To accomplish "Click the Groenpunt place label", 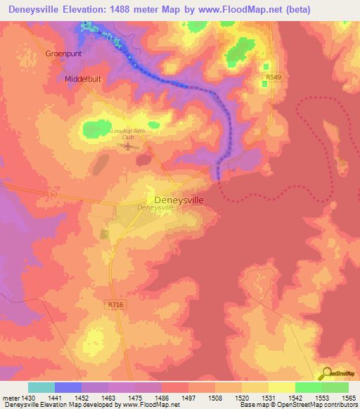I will pyautogui.click(x=63, y=53).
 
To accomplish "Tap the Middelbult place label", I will pyautogui.click(x=84, y=79).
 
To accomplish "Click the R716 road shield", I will pyautogui.click(x=116, y=305).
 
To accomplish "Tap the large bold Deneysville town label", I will pyautogui.click(x=179, y=200).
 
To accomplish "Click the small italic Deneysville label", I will pyautogui.click(x=155, y=209).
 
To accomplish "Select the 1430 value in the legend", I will pyautogui.click(x=28, y=396).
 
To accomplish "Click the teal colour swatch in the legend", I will pyautogui.click(x=41, y=387).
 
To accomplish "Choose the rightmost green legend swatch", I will pyautogui.click(x=335, y=387).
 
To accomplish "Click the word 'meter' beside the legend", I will pyautogui.click(x=10, y=396).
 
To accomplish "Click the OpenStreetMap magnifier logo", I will pyautogui.click(x=325, y=374).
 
